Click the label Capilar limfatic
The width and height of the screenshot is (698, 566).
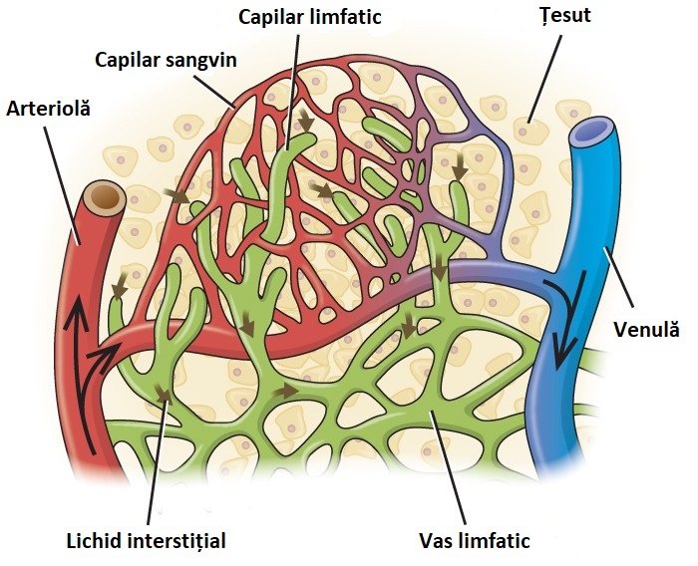click(x=310, y=17)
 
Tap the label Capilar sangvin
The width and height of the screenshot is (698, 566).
click(x=166, y=59)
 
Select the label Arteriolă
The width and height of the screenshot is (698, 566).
click(x=48, y=108)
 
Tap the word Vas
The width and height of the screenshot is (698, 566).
click(x=436, y=541)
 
